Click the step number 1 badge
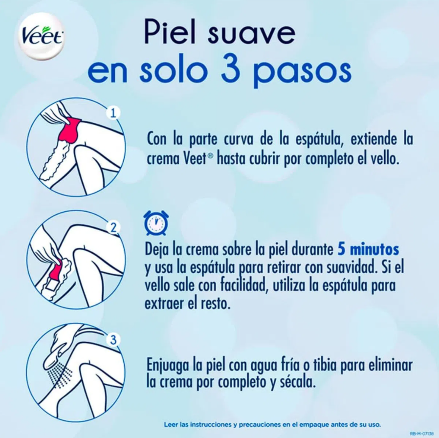pyautogui.click(x=113, y=113)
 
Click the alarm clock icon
pyautogui.click(x=156, y=223)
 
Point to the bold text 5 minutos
pyautogui.click(x=368, y=249)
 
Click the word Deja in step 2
pyautogui.click(x=157, y=250)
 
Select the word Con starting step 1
pyautogui.click(x=157, y=139)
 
